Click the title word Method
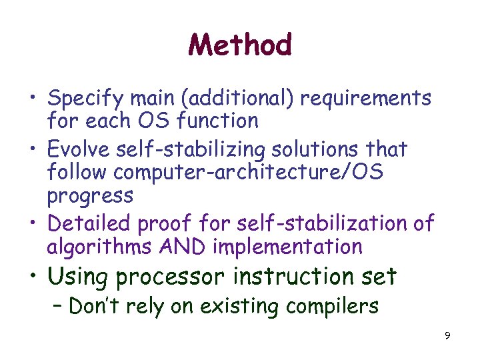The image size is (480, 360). [x=240, y=45]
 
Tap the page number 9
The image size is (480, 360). [x=447, y=335]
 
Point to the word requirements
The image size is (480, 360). [x=366, y=99]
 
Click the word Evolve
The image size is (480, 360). [x=77, y=149]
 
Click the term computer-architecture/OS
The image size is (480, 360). [x=249, y=172]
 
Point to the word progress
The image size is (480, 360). [x=90, y=196]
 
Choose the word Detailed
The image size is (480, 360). [x=90, y=222]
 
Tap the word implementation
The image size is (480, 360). [x=287, y=247]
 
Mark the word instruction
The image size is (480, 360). [x=293, y=275]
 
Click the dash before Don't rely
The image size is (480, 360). [x=58, y=307]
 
